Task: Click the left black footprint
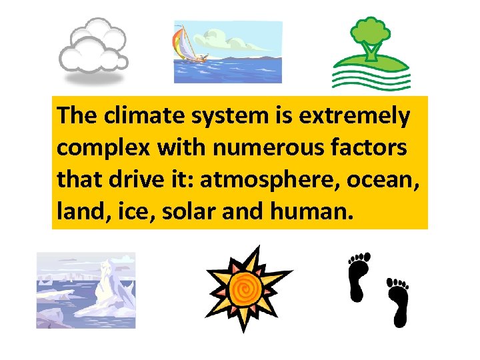point(358,277)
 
